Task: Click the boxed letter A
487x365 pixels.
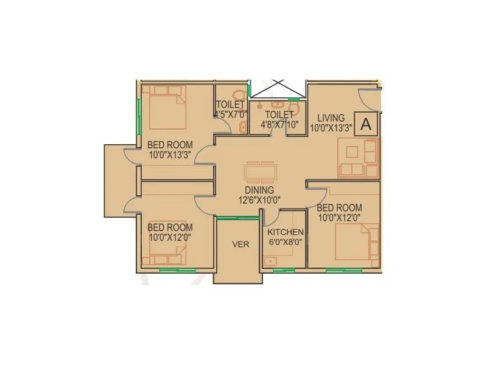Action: click(x=366, y=124)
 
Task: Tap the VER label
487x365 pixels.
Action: click(x=239, y=245)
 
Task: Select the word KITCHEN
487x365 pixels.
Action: click(x=286, y=232)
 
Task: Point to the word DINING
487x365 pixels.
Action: click(x=260, y=190)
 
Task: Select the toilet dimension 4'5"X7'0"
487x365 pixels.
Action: click(x=230, y=114)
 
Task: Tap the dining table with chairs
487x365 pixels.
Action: click(x=260, y=172)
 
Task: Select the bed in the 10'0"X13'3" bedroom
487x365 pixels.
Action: click(x=163, y=107)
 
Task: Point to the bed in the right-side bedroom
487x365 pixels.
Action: click(x=356, y=242)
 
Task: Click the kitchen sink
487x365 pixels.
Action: click(x=270, y=262)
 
